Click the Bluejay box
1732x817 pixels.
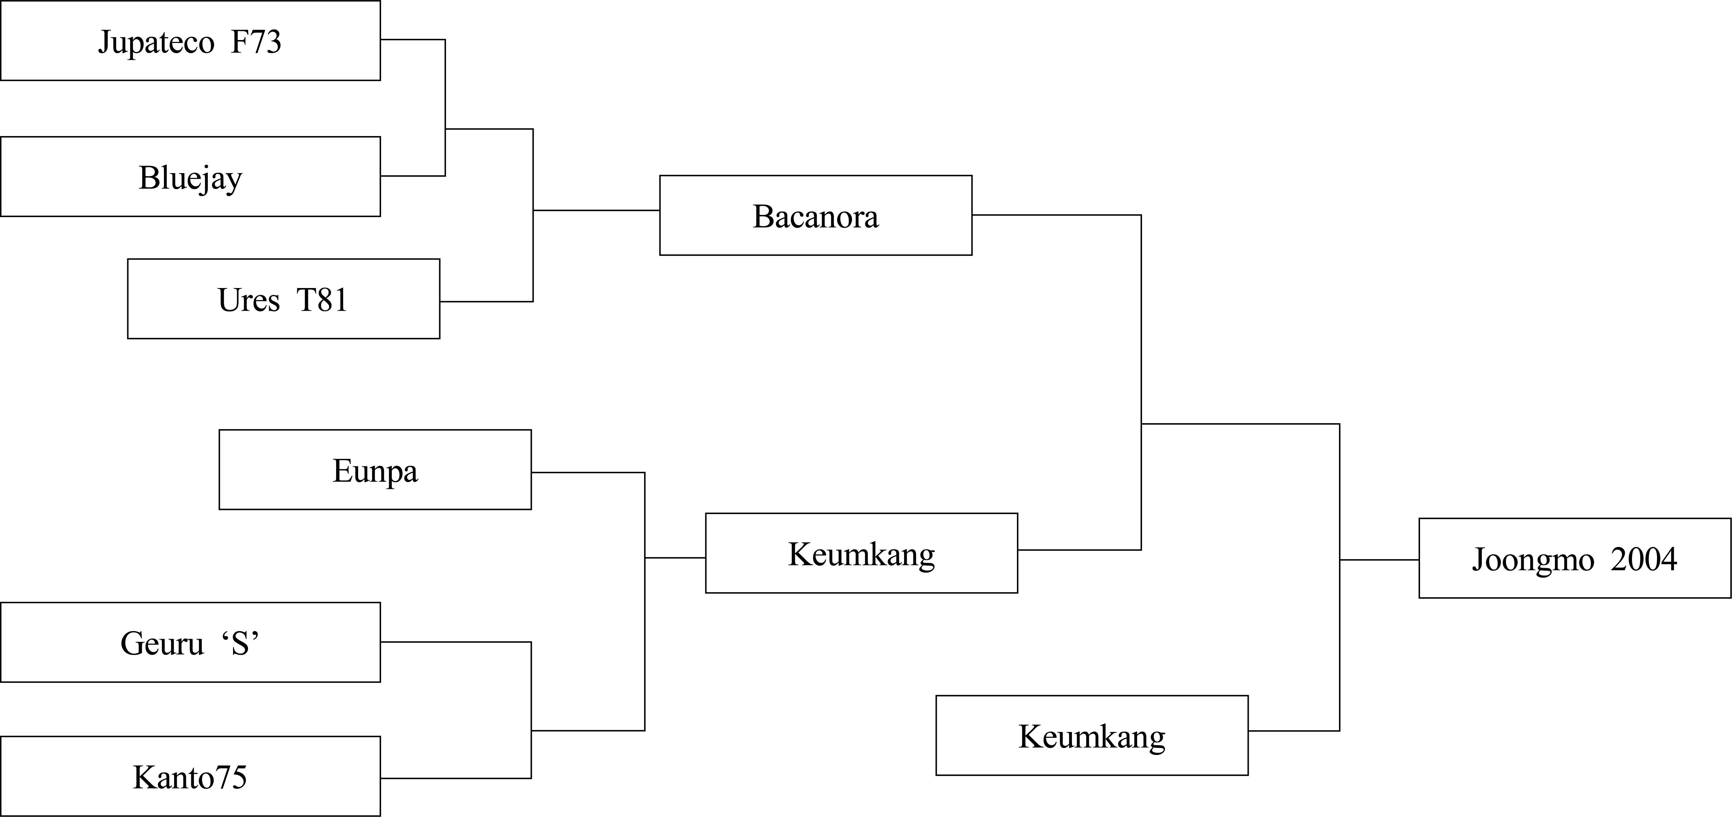tap(190, 176)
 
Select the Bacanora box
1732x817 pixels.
tap(816, 215)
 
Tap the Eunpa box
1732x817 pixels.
tap(375, 469)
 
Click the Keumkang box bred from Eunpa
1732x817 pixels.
tap(861, 553)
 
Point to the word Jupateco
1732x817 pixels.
tap(156, 43)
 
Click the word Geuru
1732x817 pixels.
tap(162, 644)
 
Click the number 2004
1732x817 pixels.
tap(1644, 559)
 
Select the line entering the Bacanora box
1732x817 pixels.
tap(596, 210)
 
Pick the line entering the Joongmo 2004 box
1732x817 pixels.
tap(1380, 560)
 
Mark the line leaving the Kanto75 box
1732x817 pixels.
tap(456, 778)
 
